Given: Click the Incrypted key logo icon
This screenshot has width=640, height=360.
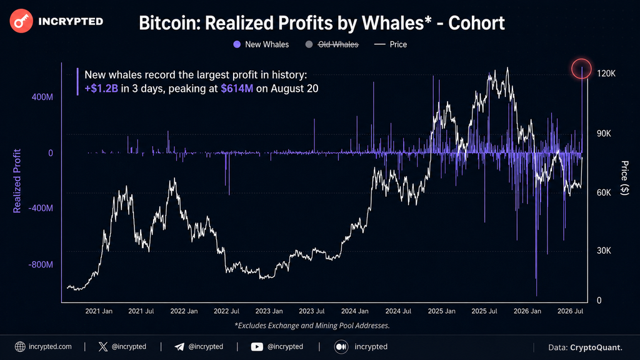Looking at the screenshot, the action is point(21,21).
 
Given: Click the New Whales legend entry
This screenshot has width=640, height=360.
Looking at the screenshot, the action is point(261,44).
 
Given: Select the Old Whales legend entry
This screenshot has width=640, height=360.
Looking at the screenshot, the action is point(332,44).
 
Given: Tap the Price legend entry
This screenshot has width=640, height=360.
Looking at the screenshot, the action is point(391,44).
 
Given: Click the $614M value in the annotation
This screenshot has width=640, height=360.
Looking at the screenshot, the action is point(237,89).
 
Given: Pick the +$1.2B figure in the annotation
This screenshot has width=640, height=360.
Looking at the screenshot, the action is point(101,89).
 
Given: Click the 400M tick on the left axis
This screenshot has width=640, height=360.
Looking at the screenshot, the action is point(42,97).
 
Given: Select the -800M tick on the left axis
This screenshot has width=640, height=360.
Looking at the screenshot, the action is point(41,264).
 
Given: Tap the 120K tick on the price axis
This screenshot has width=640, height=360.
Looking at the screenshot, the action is point(606,74).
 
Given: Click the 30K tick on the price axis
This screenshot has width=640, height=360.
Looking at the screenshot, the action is point(604,251).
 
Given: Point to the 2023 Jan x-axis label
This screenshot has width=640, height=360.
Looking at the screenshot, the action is point(269,311).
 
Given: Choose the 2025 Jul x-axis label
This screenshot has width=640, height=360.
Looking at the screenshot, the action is point(484,311).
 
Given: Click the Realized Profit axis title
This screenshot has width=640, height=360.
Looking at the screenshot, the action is point(17,181).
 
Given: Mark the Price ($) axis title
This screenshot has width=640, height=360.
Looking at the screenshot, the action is point(624,178).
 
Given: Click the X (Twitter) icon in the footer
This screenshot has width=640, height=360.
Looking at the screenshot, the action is point(103,346).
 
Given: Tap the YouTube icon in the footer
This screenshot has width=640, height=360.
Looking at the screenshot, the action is point(257,346).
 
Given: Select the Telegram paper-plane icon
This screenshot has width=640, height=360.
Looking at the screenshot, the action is point(179,346).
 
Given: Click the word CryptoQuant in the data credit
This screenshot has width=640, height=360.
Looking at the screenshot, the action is point(596,347).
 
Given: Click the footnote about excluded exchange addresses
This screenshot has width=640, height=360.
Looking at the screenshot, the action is point(312,325).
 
